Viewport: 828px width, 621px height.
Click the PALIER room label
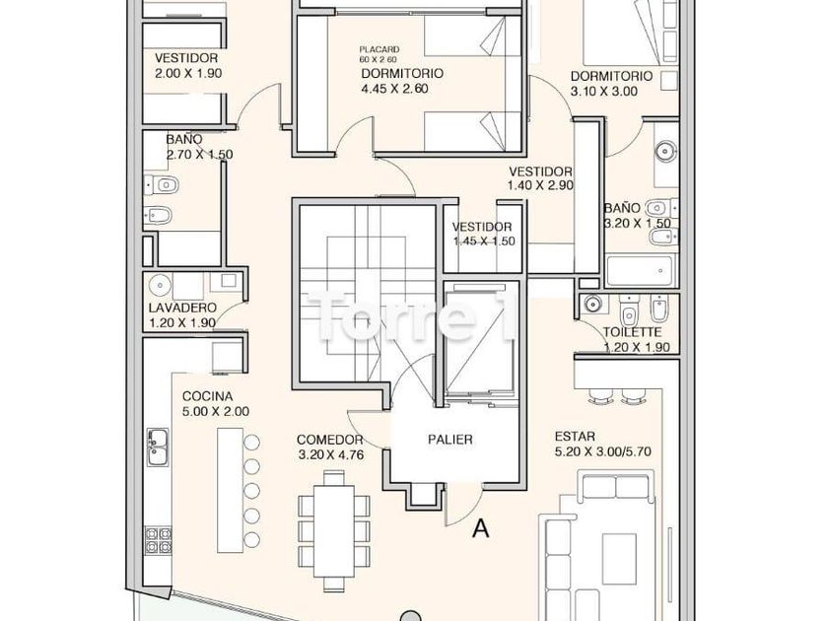[x=448, y=440]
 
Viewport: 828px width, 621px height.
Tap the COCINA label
[x=207, y=396]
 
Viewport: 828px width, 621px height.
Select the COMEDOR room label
[x=330, y=440]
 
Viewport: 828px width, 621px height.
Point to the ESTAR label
[x=575, y=436]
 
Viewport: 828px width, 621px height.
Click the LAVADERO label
[x=181, y=308]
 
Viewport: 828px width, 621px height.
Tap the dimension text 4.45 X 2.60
[x=394, y=89]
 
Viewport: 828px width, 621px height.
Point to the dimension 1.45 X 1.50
[x=484, y=241]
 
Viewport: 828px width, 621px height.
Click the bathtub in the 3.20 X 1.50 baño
[x=639, y=270]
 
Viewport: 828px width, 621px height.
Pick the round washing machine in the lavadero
[x=163, y=286]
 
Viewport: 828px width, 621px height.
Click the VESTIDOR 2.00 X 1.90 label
[x=185, y=65]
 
